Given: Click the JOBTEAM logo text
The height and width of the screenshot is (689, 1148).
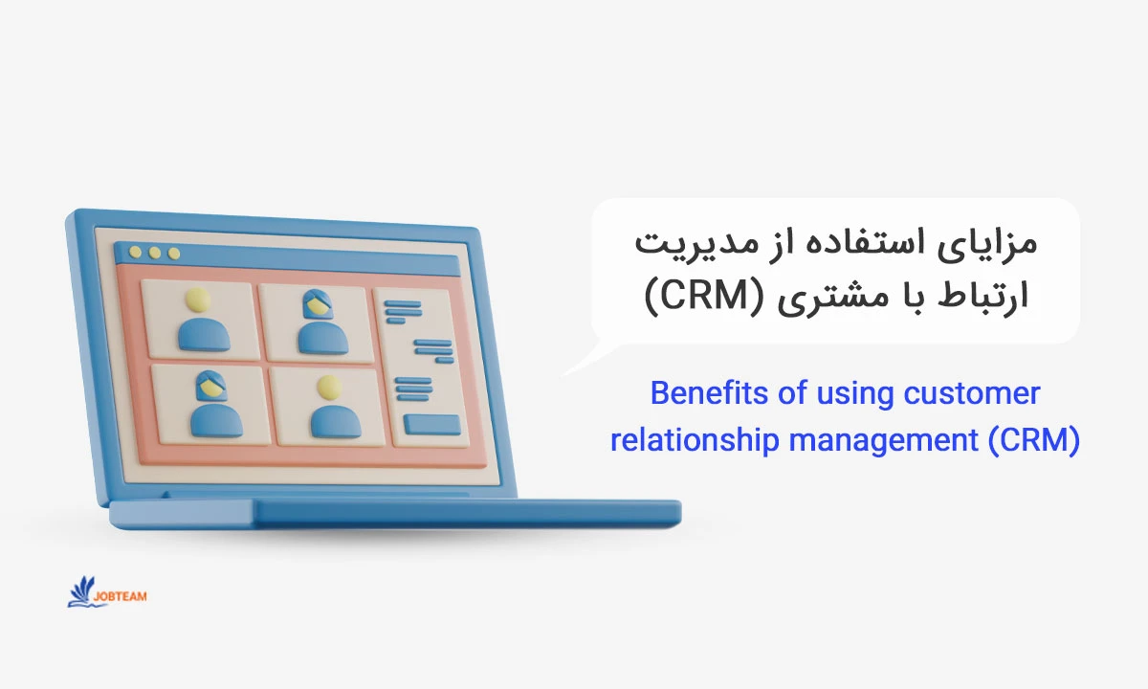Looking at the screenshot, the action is [x=120, y=596].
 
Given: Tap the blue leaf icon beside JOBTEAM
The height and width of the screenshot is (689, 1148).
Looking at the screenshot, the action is [x=82, y=592].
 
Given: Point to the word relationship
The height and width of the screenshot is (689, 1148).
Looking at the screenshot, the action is [x=695, y=441].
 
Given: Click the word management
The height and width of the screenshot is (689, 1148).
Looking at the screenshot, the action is [x=883, y=441].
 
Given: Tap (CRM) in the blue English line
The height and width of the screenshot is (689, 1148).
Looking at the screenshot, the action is [x=1034, y=440].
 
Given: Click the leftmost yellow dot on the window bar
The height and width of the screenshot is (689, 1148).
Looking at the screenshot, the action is [x=135, y=252].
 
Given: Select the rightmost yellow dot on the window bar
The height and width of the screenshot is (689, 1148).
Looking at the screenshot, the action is [x=174, y=254].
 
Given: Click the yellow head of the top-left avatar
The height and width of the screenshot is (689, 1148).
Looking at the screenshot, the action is [x=198, y=300].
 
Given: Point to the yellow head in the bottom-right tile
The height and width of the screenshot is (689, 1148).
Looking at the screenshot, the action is [x=328, y=388].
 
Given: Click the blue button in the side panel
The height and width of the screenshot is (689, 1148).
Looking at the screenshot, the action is [x=431, y=425].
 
